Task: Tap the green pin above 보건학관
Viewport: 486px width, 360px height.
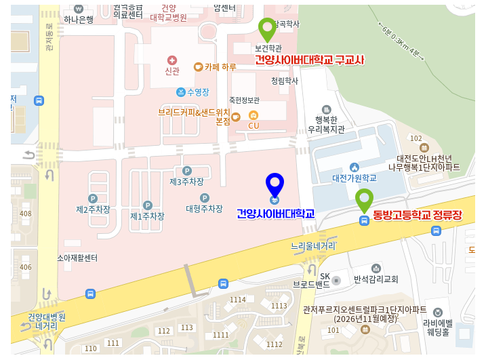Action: [267, 30]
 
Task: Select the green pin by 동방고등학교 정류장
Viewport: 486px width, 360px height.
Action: [364, 201]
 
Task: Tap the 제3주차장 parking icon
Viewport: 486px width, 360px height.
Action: [186, 171]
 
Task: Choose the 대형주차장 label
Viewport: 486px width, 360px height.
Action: [204, 209]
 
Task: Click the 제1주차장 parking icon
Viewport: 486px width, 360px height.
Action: [147, 205]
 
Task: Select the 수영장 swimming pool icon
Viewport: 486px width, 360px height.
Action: [181, 92]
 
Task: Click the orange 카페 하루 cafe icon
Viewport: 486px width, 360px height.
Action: [198, 67]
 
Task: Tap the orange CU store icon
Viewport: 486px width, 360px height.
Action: [254, 115]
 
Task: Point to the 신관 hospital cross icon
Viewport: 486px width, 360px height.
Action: [171, 60]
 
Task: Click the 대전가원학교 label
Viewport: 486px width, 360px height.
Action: [354, 178]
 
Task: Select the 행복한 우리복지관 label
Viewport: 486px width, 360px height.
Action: [326, 123]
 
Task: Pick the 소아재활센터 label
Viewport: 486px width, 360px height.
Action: [77, 258]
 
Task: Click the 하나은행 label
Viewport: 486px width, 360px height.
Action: [79, 20]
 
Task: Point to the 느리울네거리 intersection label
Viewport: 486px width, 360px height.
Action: [314, 246]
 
